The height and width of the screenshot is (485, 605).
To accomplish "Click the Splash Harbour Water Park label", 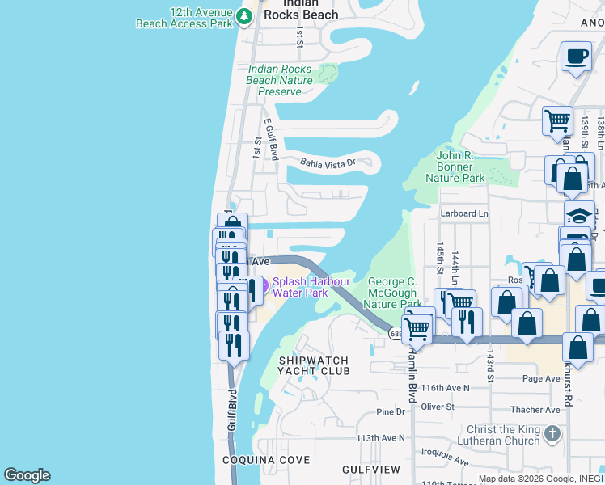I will pyautogui.click(x=311, y=287).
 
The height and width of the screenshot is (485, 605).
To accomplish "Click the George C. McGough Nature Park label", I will pyautogui.click(x=392, y=293).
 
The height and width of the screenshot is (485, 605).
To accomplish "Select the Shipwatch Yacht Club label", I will pyautogui.click(x=314, y=365).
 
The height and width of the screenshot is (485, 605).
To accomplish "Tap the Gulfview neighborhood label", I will pyautogui.click(x=371, y=469).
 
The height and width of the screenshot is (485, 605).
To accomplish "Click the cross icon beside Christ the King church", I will pyautogui.click(x=552, y=434).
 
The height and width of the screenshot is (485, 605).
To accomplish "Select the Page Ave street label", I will pyautogui.click(x=541, y=378).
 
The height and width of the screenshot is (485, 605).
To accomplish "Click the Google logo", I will pyautogui.click(x=27, y=475).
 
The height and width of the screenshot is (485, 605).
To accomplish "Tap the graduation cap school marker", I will pyautogui.click(x=579, y=216).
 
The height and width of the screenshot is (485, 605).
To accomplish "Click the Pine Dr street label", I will pyautogui.click(x=391, y=412).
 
